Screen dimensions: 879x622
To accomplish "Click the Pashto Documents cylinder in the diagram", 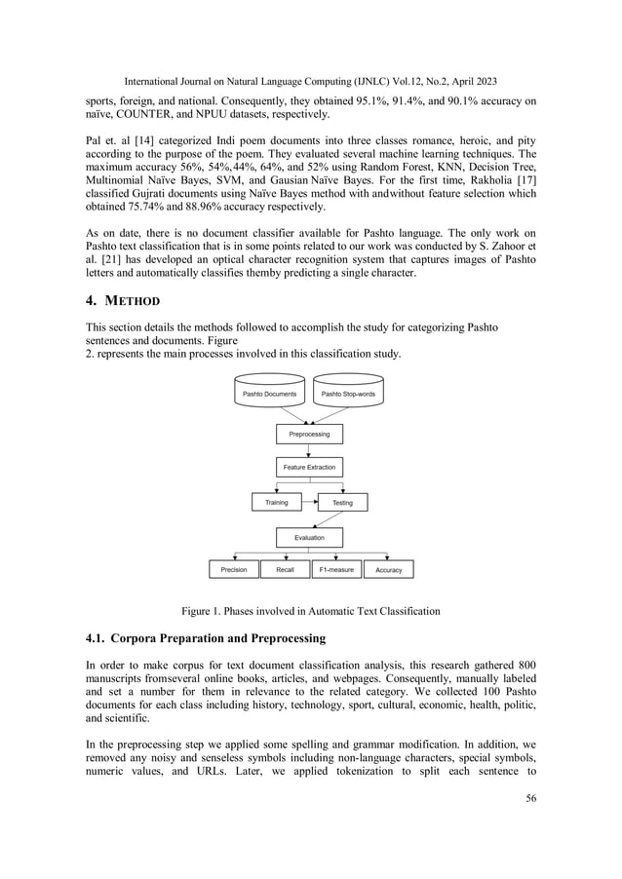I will pos(269,394).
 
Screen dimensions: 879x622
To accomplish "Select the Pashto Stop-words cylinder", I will pos(348,394).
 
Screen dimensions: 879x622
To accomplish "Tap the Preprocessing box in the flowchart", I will pos(309,434).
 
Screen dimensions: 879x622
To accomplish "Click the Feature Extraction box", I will pos(309,468).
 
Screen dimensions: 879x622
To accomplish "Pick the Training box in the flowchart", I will pos(277,503).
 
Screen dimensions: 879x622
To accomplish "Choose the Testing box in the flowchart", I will pos(343,503).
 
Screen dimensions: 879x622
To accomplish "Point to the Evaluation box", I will pos(309,537).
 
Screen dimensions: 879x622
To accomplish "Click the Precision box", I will pos(234,569).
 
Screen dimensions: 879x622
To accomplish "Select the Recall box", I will pos(286,569).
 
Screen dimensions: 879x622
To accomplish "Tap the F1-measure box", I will pos(336,569).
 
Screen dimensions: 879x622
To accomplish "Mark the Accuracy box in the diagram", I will pos(389,569).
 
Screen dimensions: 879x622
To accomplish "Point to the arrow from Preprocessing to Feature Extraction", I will pos(309,450).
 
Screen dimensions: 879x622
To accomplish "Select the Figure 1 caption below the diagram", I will pos(310,611).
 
